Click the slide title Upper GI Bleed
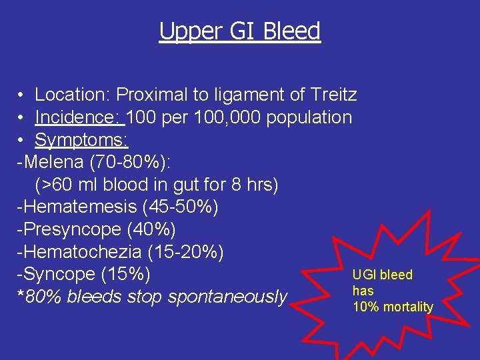pyautogui.click(x=240, y=31)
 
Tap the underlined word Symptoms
pyautogui.click(x=81, y=140)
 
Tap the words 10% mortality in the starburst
pyautogui.click(x=393, y=307)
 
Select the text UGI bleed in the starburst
pyautogui.click(x=383, y=275)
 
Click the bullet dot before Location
pyautogui.click(x=22, y=95)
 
